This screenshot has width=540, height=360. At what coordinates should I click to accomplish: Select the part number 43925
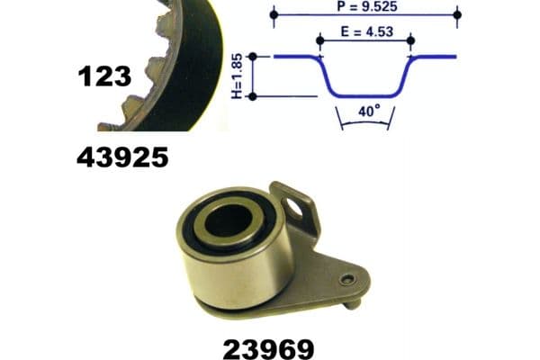click(x=122, y=158)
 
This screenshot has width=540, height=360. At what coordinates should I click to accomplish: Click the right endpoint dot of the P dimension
click(x=458, y=15)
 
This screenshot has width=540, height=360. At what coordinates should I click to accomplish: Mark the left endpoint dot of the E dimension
click(x=320, y=40)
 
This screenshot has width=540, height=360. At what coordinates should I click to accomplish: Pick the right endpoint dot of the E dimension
click(x=411, y=40)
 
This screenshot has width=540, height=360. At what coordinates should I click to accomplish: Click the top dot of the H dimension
click(x=253, y=56)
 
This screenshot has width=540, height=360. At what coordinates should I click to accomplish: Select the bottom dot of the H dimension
click(x=253, y=95)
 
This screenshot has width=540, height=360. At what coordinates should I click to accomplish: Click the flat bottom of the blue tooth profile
click(x=365, y=94)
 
